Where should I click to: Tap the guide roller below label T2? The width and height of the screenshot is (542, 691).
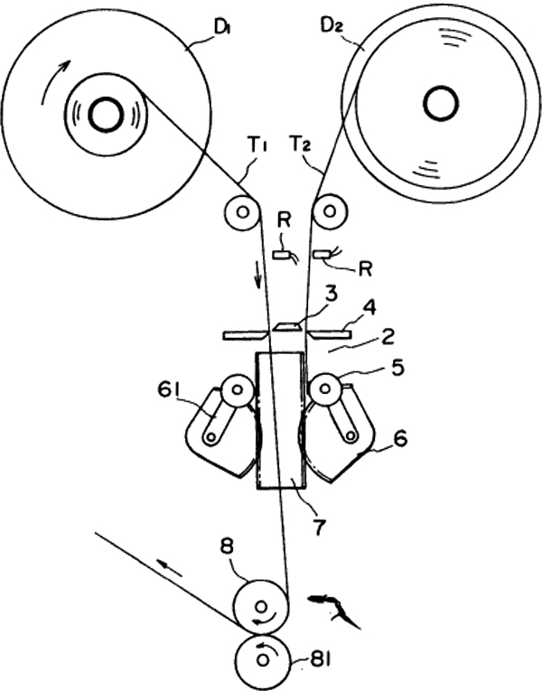[x=329, y=212]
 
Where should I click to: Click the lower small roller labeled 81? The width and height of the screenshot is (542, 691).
[x=263, y=659]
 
